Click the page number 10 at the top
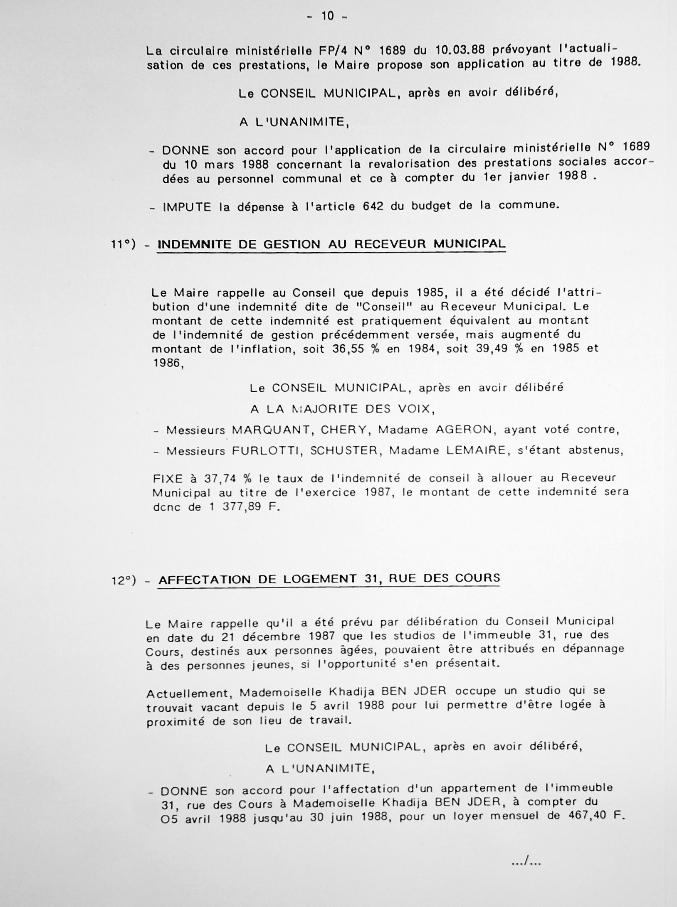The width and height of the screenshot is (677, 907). pos(328,17)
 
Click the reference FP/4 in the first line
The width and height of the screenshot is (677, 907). pos(320,51)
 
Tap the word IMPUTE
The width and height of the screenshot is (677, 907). pos(187,207)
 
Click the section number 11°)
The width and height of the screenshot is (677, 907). pos(124,245)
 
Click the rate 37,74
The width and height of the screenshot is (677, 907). pos(221,479)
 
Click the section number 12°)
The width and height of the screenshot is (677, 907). pos(124,580)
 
